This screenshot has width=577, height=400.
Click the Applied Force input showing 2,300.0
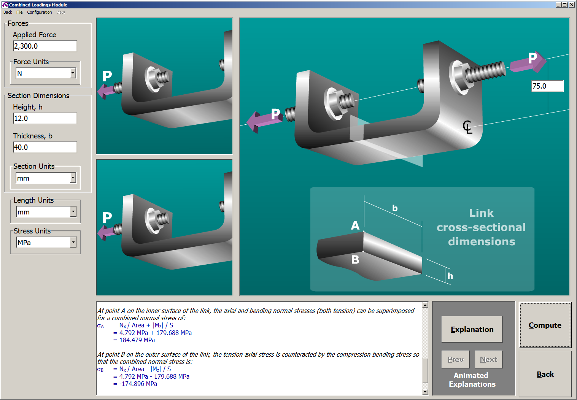pyautogui.click(x=45, y=46)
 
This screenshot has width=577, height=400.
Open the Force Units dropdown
pyautogui.click(x=73, y=73)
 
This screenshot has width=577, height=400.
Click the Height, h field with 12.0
pyautogui.click(x=45, y=119)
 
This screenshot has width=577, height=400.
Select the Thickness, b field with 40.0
pyautogui.click(x=45, y=148)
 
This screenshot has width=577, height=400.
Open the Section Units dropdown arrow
pyautogui.click(x=73, y=178)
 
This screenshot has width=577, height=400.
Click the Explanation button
pyautogui.click(x=472, y=329)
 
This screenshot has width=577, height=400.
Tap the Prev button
pyautogui.click(x=455, y=359)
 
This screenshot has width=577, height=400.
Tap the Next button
pyautogui.click(x=488, y=359)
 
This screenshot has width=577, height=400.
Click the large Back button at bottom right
pyautogui.click(x=545, y=374)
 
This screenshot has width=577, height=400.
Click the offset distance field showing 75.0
pyautogui.click(x=547, y=86)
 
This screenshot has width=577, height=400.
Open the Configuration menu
pyautogui.click(x=39, y=12)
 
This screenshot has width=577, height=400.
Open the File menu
pyautogui.click(x=19, y=12)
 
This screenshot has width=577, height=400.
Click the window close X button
pyautogui.click(x=572, y=5)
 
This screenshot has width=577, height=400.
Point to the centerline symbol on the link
pyautogui.click(x=467, y=127)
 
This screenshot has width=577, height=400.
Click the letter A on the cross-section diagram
pyautogui.click(x=355, y=225)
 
